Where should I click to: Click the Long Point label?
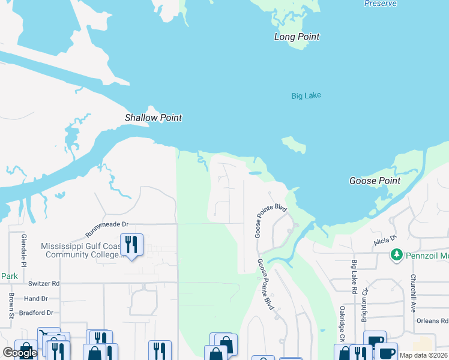point(297,37)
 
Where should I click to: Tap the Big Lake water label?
point(306,95)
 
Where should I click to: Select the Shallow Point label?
point(153,118)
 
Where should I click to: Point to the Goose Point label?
point(375,181)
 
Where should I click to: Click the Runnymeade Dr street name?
point(107,224)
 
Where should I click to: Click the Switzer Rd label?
point(43,283)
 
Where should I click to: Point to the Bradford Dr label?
point(36,313)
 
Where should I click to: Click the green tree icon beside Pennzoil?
point(396,255)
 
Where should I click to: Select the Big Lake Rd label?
point(354,277)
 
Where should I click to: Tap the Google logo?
point(20,353)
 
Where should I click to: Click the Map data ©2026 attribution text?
point(424,355)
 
